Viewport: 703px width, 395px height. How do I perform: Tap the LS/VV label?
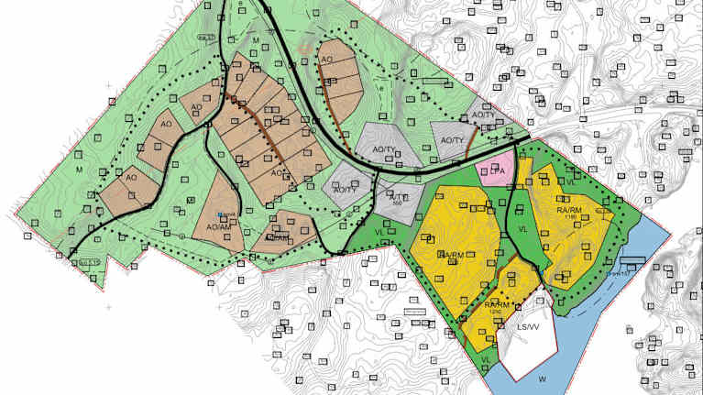528,327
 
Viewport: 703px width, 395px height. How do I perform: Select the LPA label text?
498,170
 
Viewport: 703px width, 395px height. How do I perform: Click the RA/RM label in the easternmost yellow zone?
569,212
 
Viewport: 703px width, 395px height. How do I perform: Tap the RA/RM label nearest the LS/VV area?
496,304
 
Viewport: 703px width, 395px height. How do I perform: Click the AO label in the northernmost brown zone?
325,60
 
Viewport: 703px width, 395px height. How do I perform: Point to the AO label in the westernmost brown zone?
131,177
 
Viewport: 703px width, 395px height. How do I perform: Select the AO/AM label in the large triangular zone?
217,226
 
